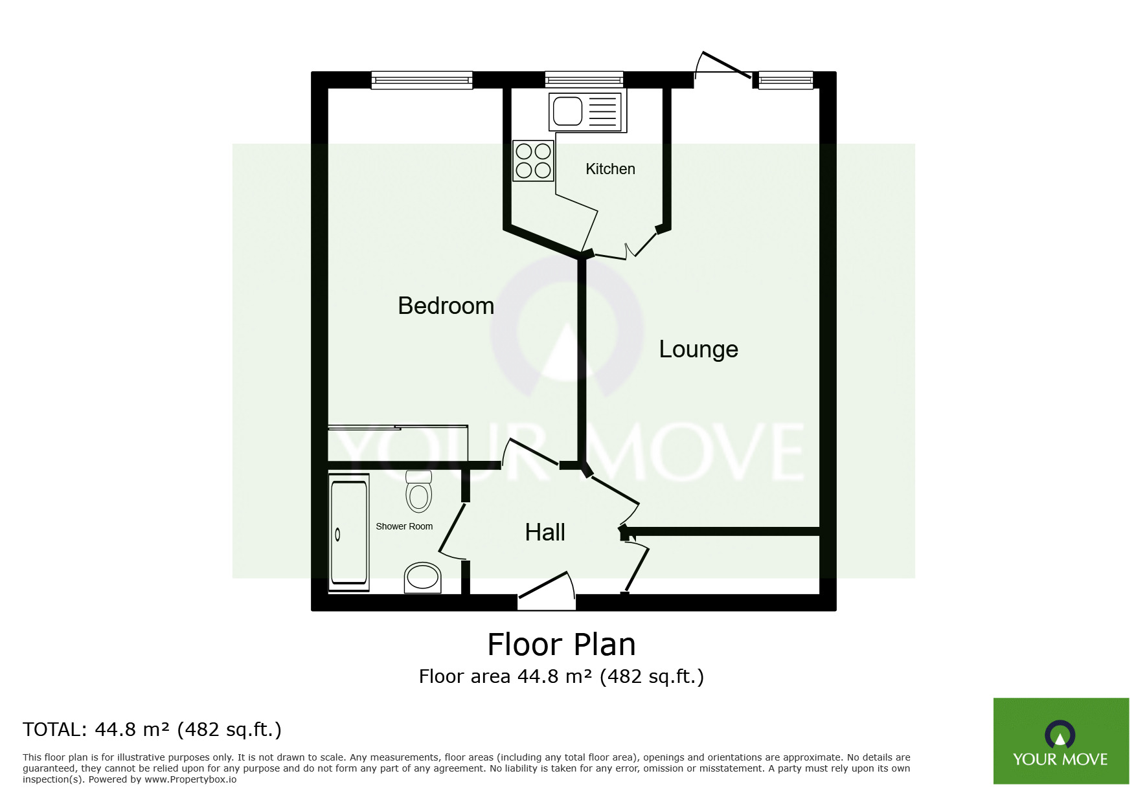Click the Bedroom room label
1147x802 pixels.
click(446, 306)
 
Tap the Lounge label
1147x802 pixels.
click(698, 350)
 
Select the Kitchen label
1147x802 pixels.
click(610, 169)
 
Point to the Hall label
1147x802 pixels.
click(545, 533)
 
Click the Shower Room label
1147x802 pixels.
click(404, 526)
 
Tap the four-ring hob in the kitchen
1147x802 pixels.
click(533, 161)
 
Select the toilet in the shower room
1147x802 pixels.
click(419, 491)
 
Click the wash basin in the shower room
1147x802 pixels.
click(422, 577)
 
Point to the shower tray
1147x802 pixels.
click(349, 532)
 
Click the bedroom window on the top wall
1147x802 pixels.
click(422, 80)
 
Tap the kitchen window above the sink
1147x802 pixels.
click(584, 80)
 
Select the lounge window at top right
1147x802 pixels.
click(786, 80)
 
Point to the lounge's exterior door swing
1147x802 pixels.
click(724, 66)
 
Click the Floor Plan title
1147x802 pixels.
click(562, 645)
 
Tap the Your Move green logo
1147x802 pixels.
click(1061, 741)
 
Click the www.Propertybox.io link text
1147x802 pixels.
click(190, 779)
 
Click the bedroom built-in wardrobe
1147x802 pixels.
click(398, 443)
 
